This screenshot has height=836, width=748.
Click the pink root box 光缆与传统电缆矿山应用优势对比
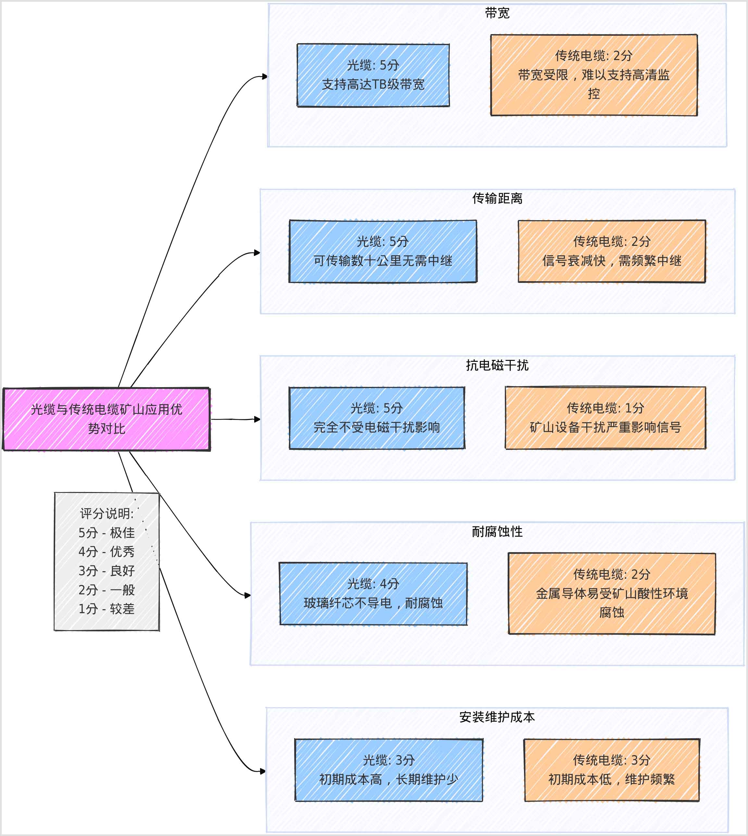click(106, 419)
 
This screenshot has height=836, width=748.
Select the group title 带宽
click(497, 13)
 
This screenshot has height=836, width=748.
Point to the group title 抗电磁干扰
click(497, 365)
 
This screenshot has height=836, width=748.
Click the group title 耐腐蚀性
click(497, 531)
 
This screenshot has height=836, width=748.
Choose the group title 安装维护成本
click(497, 717)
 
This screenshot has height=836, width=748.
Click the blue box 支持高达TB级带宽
click(373, 75)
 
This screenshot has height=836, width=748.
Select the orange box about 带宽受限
click(593, 75)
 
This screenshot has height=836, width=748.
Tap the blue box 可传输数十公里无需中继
click(383, 251)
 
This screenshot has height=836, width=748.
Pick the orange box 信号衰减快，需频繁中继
click(612, 251)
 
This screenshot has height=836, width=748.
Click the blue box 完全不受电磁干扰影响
click(377, 418)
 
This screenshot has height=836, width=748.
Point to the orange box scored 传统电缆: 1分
click(605, 418)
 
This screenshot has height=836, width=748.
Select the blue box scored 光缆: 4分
click(373, 593)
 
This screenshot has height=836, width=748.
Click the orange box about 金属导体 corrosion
click(612, 593)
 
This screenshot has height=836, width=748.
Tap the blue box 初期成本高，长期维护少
click(388, 770)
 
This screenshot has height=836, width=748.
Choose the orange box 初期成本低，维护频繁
click(612, 770)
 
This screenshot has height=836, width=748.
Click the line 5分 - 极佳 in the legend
click(106, 533)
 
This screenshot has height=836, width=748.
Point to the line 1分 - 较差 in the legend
click(106, 609)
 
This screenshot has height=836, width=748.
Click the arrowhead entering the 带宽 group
click(265, 76)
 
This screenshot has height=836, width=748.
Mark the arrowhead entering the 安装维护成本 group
click(263, 771)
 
